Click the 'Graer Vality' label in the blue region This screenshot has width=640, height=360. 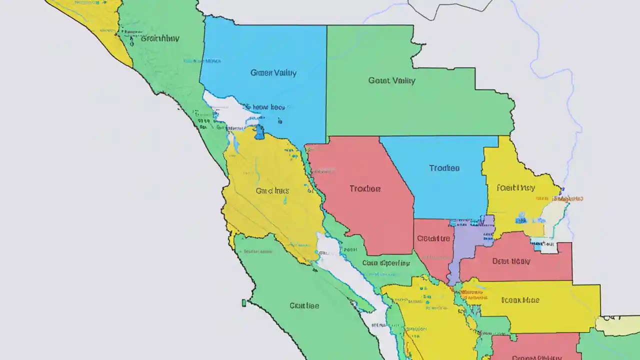point(273,73)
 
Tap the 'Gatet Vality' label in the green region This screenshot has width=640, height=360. point(391,80)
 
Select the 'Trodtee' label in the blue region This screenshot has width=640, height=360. point(444,168)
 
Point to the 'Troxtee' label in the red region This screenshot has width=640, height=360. point(365,188)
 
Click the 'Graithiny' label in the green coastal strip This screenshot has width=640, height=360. point(160,38)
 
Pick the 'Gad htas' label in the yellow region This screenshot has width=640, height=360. point(272,190)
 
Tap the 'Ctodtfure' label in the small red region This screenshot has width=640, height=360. point(433,238)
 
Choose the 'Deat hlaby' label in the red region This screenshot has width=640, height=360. point(511,261)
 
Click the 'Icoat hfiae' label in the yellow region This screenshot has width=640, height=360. point(520,300)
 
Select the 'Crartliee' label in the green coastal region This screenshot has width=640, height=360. point(304,305)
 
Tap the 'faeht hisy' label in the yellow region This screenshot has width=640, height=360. point(515,188)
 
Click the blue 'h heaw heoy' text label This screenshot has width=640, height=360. point(263,107)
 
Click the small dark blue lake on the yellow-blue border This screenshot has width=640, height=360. point(259,132)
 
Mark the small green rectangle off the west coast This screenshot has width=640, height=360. point(244,302)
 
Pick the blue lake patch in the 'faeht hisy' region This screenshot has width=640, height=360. point(522,218)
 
